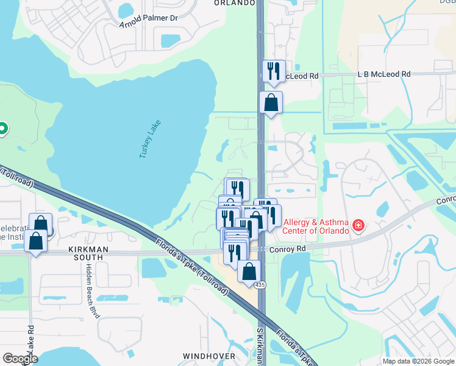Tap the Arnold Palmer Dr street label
pos(149,21)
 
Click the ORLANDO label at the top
pos(234,3)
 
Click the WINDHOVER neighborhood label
pos(209,355)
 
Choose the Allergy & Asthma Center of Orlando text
pos(316,226)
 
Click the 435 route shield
pos(261,285)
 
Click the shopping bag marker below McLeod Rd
pos(271,102)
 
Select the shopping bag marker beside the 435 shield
pos(249,271)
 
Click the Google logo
pos(20,359)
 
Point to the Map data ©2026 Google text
pos(418,361)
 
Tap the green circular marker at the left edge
pos(2,128)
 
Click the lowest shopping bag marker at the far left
pos(36,242)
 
